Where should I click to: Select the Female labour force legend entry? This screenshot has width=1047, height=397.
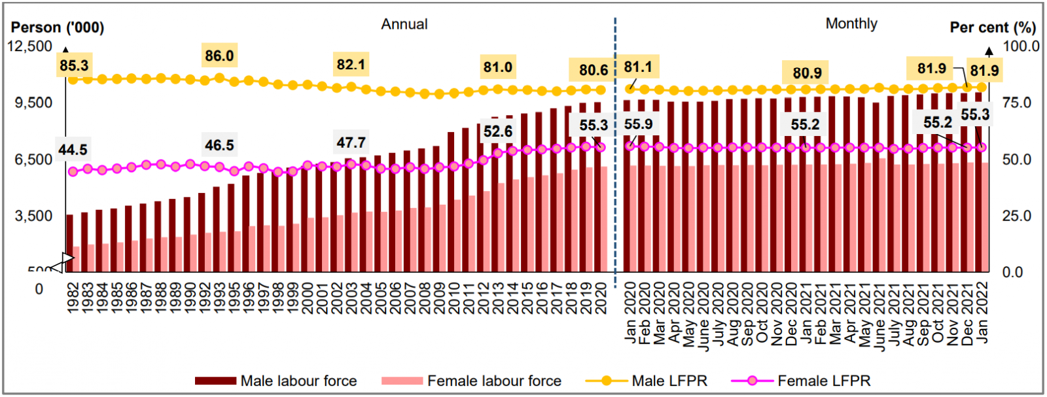[471, 381]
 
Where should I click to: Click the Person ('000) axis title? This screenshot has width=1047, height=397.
[58, 27]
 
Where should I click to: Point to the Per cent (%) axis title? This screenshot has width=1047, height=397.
[993, 27]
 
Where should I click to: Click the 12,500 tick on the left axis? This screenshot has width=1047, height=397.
[29, 46]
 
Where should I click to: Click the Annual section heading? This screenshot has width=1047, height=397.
[404, 24]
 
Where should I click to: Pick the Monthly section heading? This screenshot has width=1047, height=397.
[851, 24]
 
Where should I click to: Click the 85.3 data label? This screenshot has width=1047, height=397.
[74, 65]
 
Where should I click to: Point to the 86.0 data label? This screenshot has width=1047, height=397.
[219, 56]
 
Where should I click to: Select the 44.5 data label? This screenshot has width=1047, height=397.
[73, 150]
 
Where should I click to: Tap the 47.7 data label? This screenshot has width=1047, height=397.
[351, 143]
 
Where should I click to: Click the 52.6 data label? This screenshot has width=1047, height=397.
[498, 131]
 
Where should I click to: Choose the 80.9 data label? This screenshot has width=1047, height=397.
[807, 73]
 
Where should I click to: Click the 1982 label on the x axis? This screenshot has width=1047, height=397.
[73, 298]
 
